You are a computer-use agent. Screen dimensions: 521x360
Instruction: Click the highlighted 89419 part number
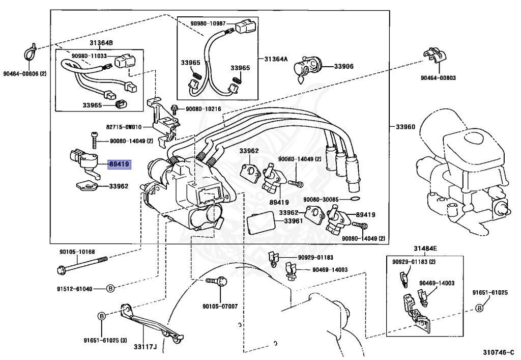pos(119,164)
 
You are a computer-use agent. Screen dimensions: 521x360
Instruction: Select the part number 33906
pos(343,67)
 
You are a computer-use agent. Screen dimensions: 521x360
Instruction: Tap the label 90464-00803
pos(438,78)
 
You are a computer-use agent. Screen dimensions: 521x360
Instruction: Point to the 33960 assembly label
pos(406,127)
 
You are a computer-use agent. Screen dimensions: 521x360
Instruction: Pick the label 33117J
pos(145,347)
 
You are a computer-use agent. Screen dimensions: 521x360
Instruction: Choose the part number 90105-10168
pos(77,252)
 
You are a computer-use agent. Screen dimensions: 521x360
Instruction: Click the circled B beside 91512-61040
pos(110,289)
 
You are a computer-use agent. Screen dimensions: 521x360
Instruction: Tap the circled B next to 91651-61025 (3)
pos(102,316)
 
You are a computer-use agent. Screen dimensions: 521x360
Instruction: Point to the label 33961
pos(293,220)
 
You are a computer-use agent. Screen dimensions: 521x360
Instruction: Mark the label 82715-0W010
pos(124,127)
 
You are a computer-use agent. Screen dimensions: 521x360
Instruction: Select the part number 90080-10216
pos(204,108)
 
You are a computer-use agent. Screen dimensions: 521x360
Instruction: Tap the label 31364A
pos(276,59)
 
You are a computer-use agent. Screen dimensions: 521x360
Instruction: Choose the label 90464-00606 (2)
pos(25,74)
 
